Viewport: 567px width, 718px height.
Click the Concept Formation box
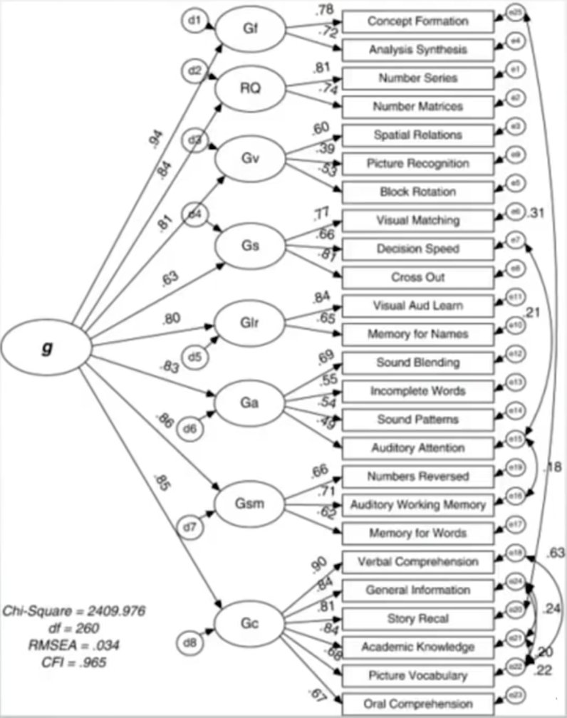pyautogui.click(x=418, y=21)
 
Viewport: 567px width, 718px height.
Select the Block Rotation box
pyautogui.click(x=418, y=192)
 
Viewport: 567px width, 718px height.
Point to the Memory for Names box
pyautogui.click(x=418, y=334)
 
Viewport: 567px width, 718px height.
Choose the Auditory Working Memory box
pyautogui.click(x=418, y=504)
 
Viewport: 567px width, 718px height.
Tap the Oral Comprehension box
pyautogui.click(x=418, y=704)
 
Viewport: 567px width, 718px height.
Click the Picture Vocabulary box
pyautogui.click(x=418, y=675)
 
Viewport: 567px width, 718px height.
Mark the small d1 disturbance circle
pyautogui.click(x=192, y=21)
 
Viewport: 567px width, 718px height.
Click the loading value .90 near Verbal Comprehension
pyautogui.click(x=318, y=565)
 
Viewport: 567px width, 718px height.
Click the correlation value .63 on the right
pyautogui.click(x=556, y=553)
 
